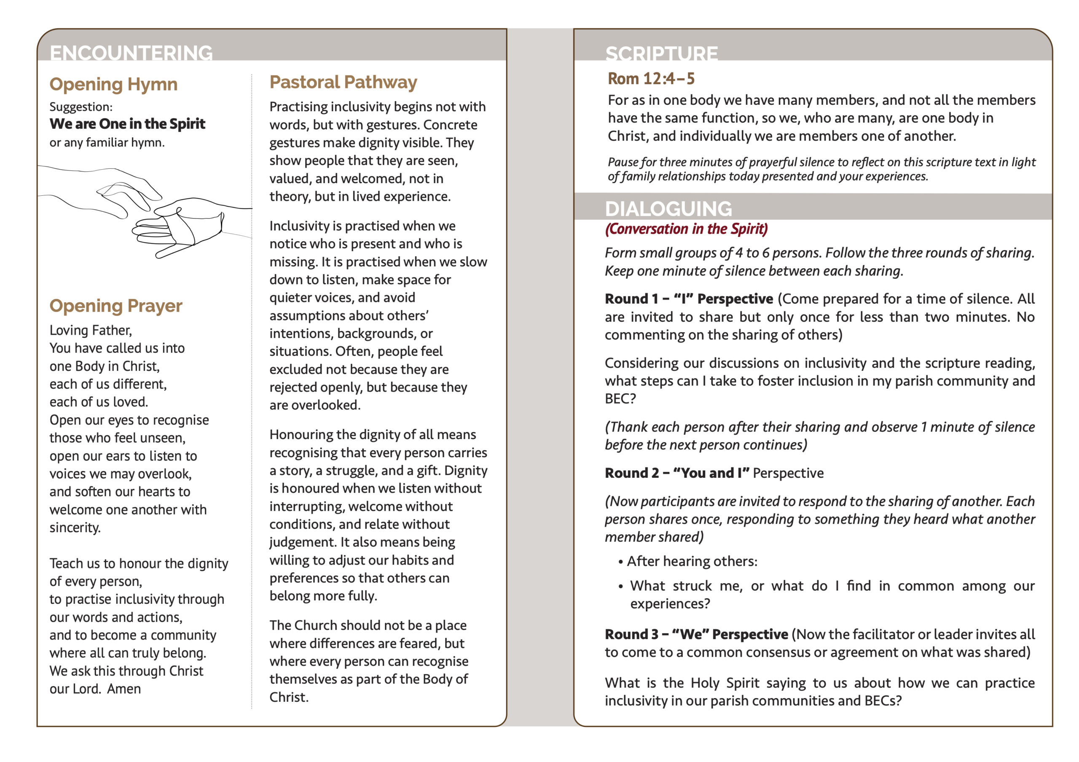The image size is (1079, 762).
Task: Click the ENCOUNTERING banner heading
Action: point(131,52)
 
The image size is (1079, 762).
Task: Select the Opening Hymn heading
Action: point(113,85)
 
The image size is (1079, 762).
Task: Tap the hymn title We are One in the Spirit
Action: point(127,123)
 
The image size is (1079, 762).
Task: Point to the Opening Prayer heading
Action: point(115,306)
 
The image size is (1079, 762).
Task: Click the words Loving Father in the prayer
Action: point(91,330)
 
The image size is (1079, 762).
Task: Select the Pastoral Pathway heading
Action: point(343,82)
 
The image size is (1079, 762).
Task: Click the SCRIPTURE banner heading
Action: point(661,53)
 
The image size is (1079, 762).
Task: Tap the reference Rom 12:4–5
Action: point(651,78)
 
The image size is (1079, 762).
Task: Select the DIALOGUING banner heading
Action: point(668,208)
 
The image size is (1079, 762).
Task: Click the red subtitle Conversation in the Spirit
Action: point(687,229)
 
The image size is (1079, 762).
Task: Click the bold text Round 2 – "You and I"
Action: point(677,473)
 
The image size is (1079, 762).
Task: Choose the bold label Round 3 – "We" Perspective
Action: point(696,634)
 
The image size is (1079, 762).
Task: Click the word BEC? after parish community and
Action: point(620,399)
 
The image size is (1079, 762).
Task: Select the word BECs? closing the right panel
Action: point(883,701)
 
